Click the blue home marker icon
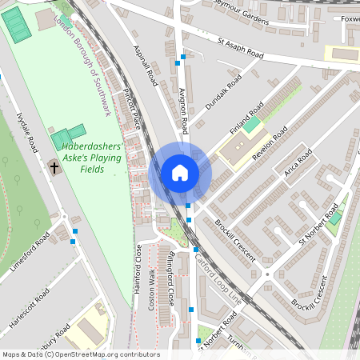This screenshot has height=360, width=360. coord(180,172)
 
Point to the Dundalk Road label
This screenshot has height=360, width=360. coord(223,93)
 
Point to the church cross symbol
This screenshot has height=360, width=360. coord(54,168)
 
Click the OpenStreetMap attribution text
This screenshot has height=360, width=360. coord(80,354)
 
